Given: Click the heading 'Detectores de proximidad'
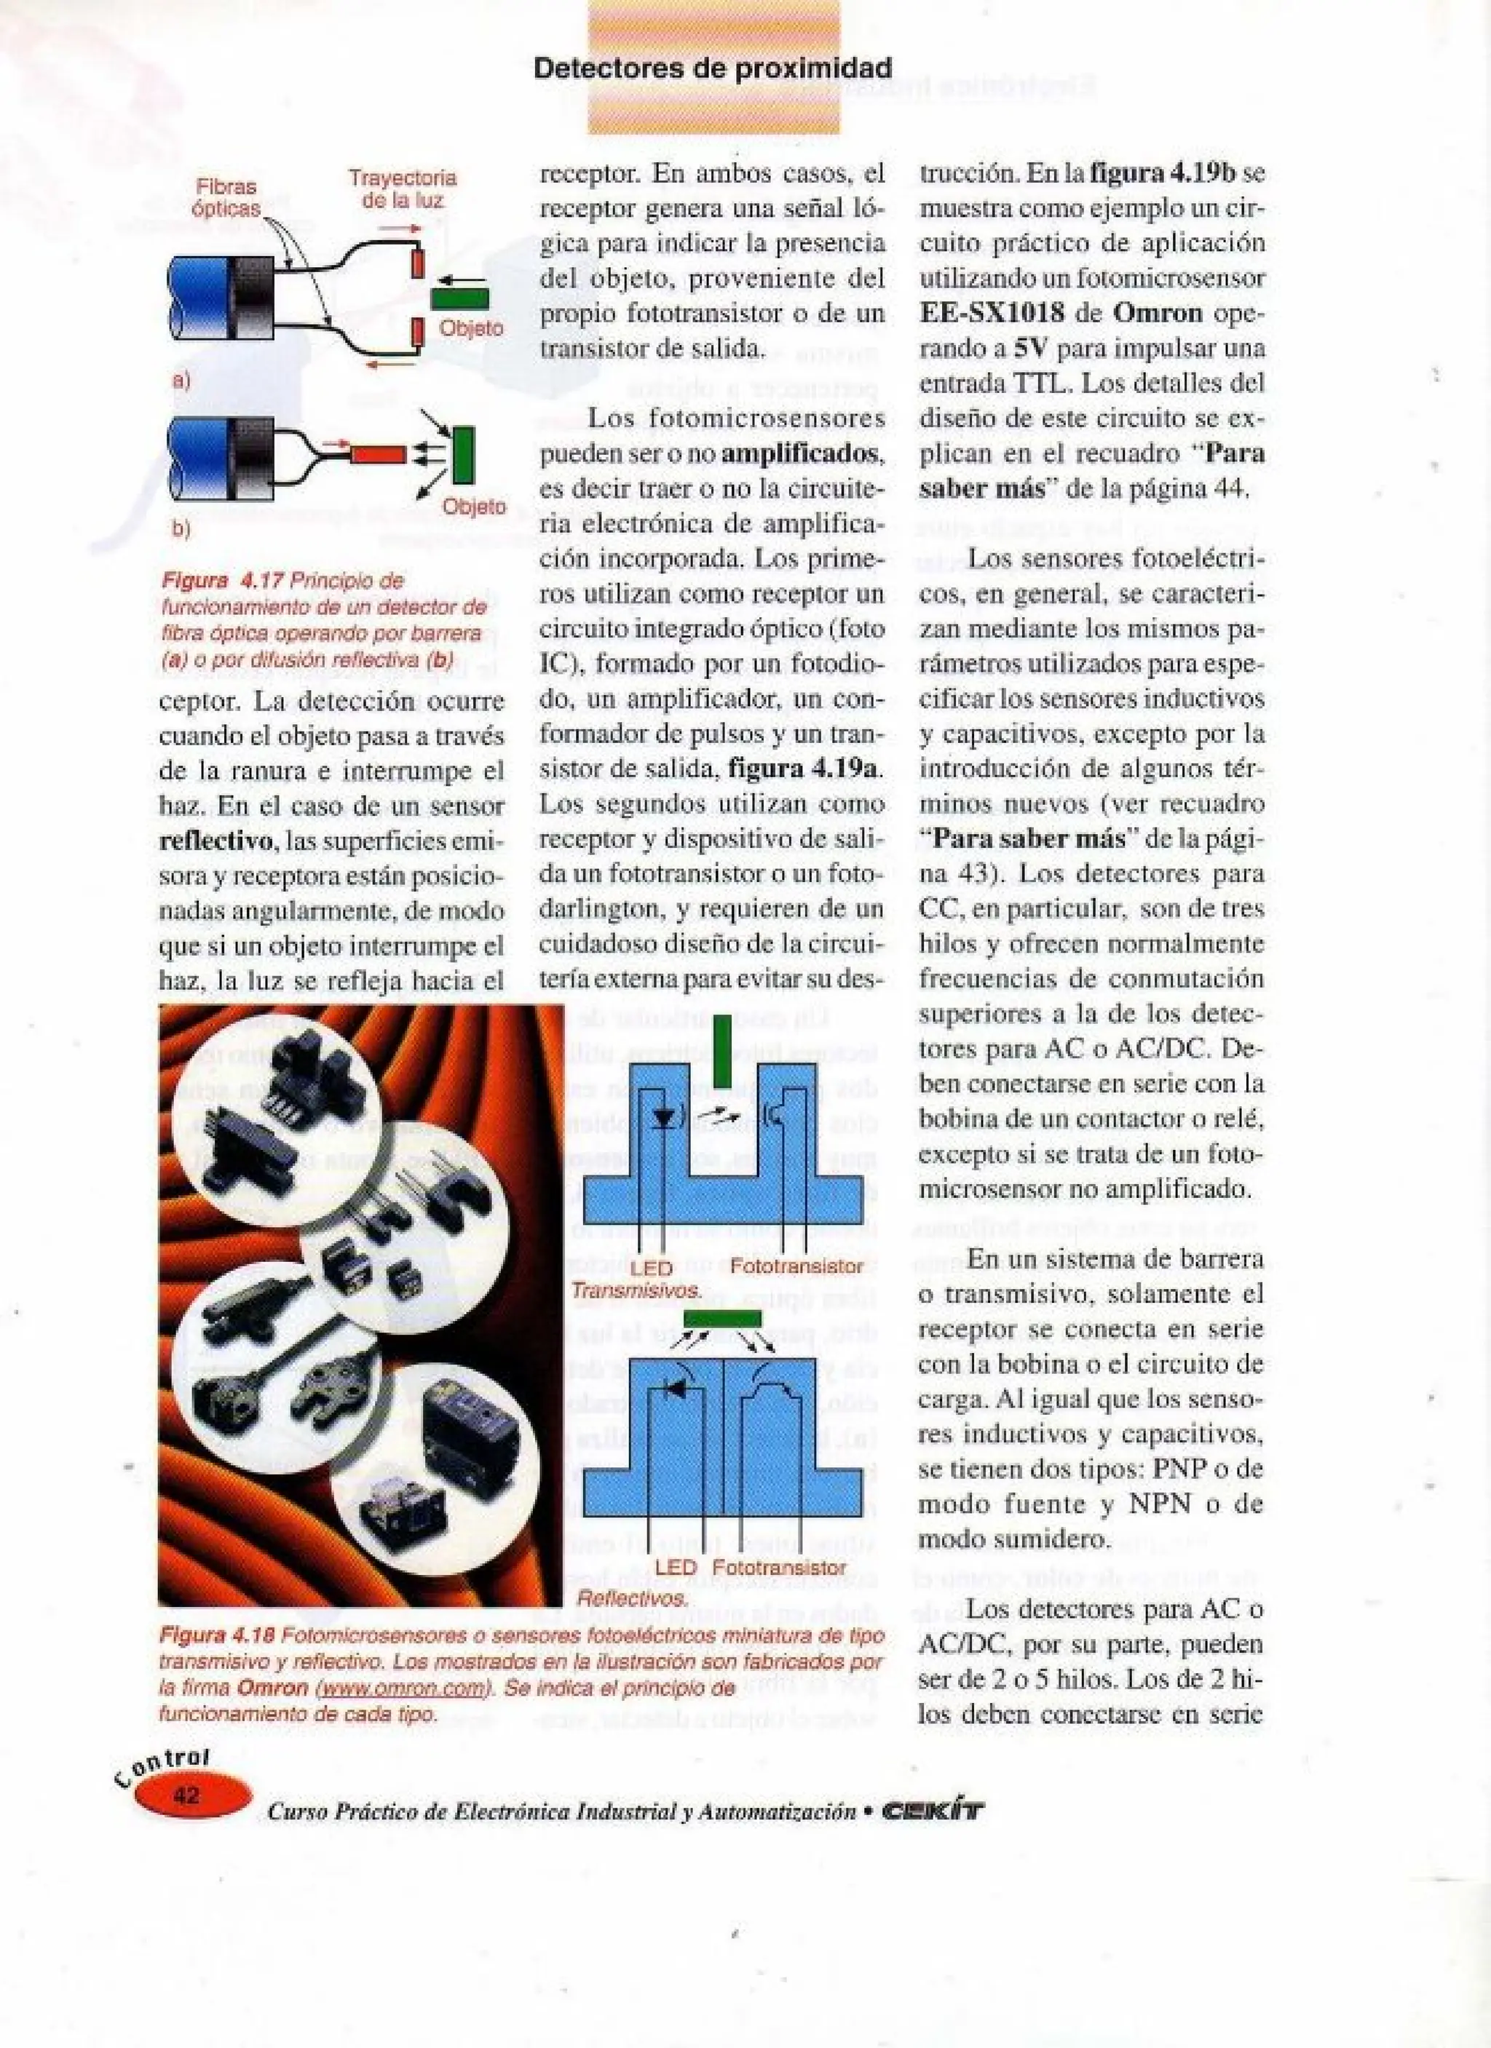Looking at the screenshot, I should [x=713, y=68].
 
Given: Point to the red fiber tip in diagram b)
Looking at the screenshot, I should [x=379, y=454].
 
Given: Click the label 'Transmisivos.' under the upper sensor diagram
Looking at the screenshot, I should [x=637, y=1290].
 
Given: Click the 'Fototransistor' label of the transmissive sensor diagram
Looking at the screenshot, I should [x=796, y=1266].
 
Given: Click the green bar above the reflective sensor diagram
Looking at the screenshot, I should [x=721, y=1319].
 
